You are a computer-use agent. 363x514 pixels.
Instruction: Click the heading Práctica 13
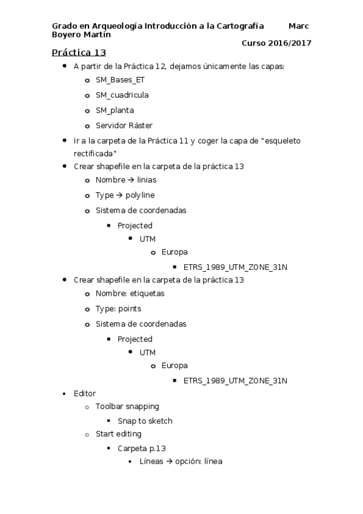point(79,53)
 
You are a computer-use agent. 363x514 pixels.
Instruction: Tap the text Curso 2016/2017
point(276,42)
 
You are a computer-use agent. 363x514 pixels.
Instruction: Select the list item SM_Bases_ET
point(120,79)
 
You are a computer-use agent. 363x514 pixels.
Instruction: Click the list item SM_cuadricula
point(122,95)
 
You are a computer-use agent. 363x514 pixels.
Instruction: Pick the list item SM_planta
point(115,110)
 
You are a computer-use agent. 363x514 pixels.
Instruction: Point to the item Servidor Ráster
point(124,125)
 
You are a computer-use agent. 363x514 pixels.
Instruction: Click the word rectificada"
point(95,153)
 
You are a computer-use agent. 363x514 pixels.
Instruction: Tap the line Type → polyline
point(125,195)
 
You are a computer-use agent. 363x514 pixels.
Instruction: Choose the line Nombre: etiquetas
point(130,293)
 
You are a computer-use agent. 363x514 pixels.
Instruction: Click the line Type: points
point(118,309)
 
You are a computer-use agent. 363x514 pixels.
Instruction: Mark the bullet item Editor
point(84,393)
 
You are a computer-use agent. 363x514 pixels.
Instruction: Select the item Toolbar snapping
point(127,406)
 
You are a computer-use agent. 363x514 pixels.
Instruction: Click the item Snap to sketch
point(145,421)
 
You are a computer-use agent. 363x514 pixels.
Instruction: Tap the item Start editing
point(118,434)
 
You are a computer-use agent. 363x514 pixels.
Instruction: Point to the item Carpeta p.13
point(141,448)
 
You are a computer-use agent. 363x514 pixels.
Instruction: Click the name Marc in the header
point(299,26)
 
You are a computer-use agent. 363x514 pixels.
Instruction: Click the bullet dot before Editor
point(65,394)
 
